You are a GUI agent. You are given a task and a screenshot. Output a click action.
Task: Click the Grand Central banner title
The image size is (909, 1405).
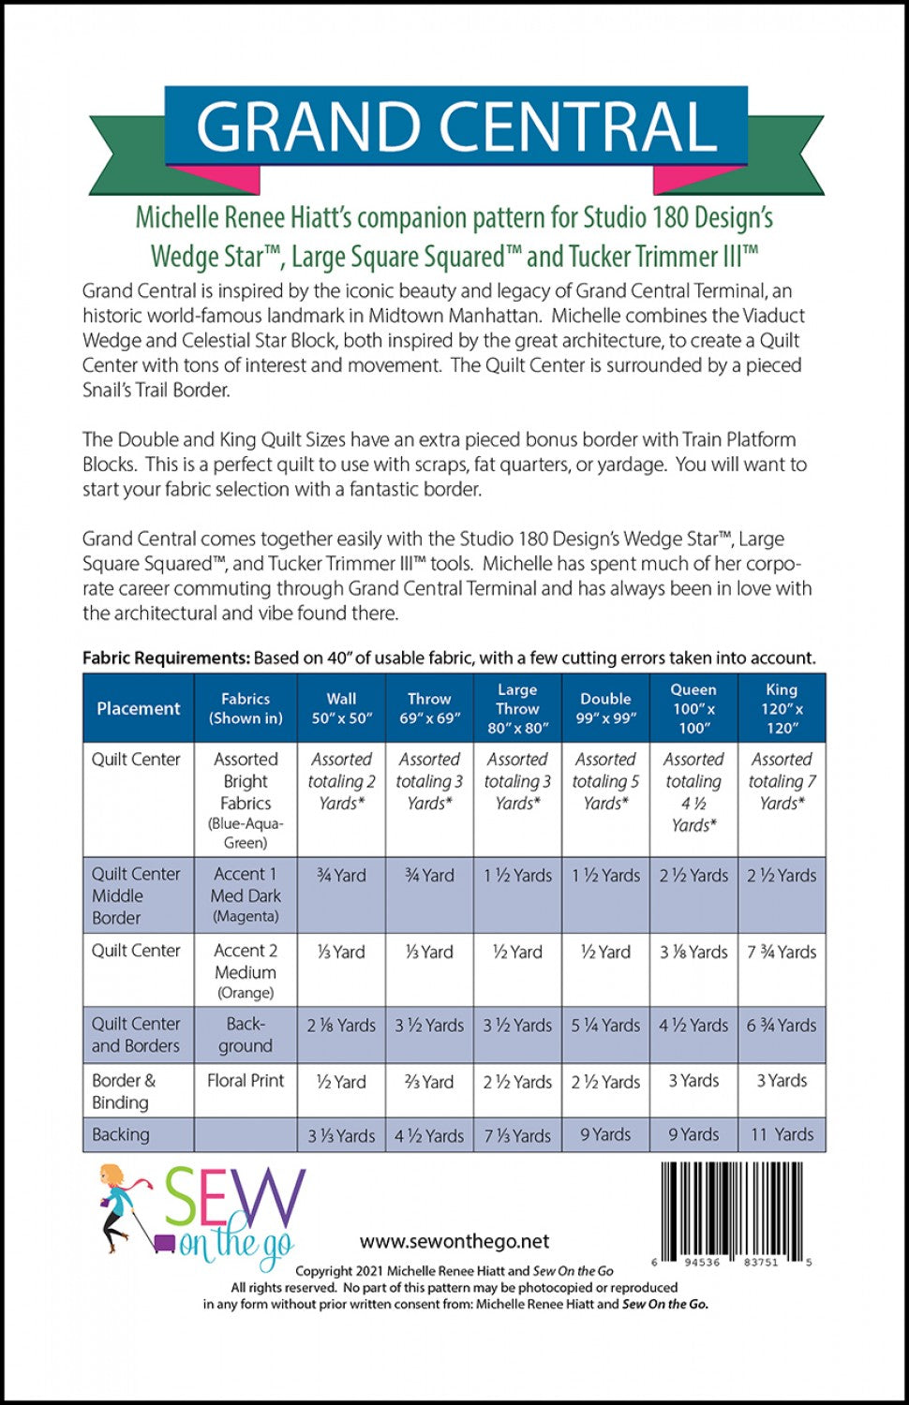tap(455, 126)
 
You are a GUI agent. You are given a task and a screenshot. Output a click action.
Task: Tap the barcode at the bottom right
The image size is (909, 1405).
tap(736, 1207)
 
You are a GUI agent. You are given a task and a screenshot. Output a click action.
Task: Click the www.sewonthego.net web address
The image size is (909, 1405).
tap(454, 1241)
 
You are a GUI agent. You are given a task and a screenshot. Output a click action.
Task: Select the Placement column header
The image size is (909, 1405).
tap(139, 708)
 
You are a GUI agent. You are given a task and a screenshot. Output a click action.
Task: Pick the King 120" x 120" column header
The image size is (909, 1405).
tap(782, 708)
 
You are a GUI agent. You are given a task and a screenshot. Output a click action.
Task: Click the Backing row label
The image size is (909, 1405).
tap(121, 1134)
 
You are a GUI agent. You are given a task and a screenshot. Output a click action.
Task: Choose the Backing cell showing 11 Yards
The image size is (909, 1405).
tap(782, 1134)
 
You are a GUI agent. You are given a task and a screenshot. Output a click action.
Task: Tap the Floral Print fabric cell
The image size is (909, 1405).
tap(246, 1081)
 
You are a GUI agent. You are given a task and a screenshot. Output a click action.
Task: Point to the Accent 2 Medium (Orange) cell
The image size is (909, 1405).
tap(246, 971)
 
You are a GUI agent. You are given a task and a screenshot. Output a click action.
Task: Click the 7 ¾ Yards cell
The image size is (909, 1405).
tap(782, 952)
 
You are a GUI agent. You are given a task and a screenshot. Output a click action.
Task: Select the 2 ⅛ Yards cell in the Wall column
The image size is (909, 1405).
tap(341, 1026)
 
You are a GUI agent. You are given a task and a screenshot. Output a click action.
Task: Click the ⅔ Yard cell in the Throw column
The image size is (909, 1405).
tap(429, 1081)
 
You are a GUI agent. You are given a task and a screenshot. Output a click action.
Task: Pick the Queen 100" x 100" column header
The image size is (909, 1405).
tap(693, 708)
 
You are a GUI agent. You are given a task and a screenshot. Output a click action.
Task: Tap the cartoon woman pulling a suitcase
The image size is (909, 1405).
tap(124, 1208)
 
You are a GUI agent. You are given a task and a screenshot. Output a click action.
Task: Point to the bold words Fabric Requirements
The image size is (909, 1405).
tap(166, 658)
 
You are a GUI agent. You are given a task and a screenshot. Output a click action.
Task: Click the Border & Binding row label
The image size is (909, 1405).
tap(124, 1091)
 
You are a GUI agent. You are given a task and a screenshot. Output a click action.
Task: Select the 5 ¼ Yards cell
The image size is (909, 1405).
tap(605, 1026)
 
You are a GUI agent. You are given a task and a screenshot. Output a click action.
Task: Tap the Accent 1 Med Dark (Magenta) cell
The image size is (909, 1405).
tap(246, 895)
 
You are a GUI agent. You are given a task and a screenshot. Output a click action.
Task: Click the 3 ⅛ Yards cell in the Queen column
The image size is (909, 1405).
tap(693, 952)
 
